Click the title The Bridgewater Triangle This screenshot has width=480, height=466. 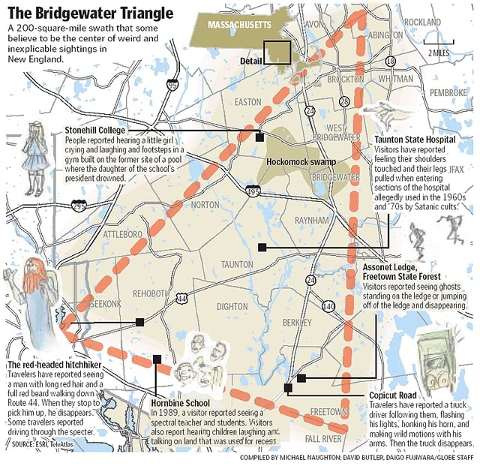90,13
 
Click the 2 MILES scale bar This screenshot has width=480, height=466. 439,45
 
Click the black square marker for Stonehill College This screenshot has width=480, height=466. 259,137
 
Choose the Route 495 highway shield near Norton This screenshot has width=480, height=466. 253,192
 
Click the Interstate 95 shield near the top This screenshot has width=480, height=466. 173,85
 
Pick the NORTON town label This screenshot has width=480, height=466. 205,204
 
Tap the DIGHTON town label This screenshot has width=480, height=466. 231,306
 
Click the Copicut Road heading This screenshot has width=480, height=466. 394,395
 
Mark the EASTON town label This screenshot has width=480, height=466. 247,101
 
